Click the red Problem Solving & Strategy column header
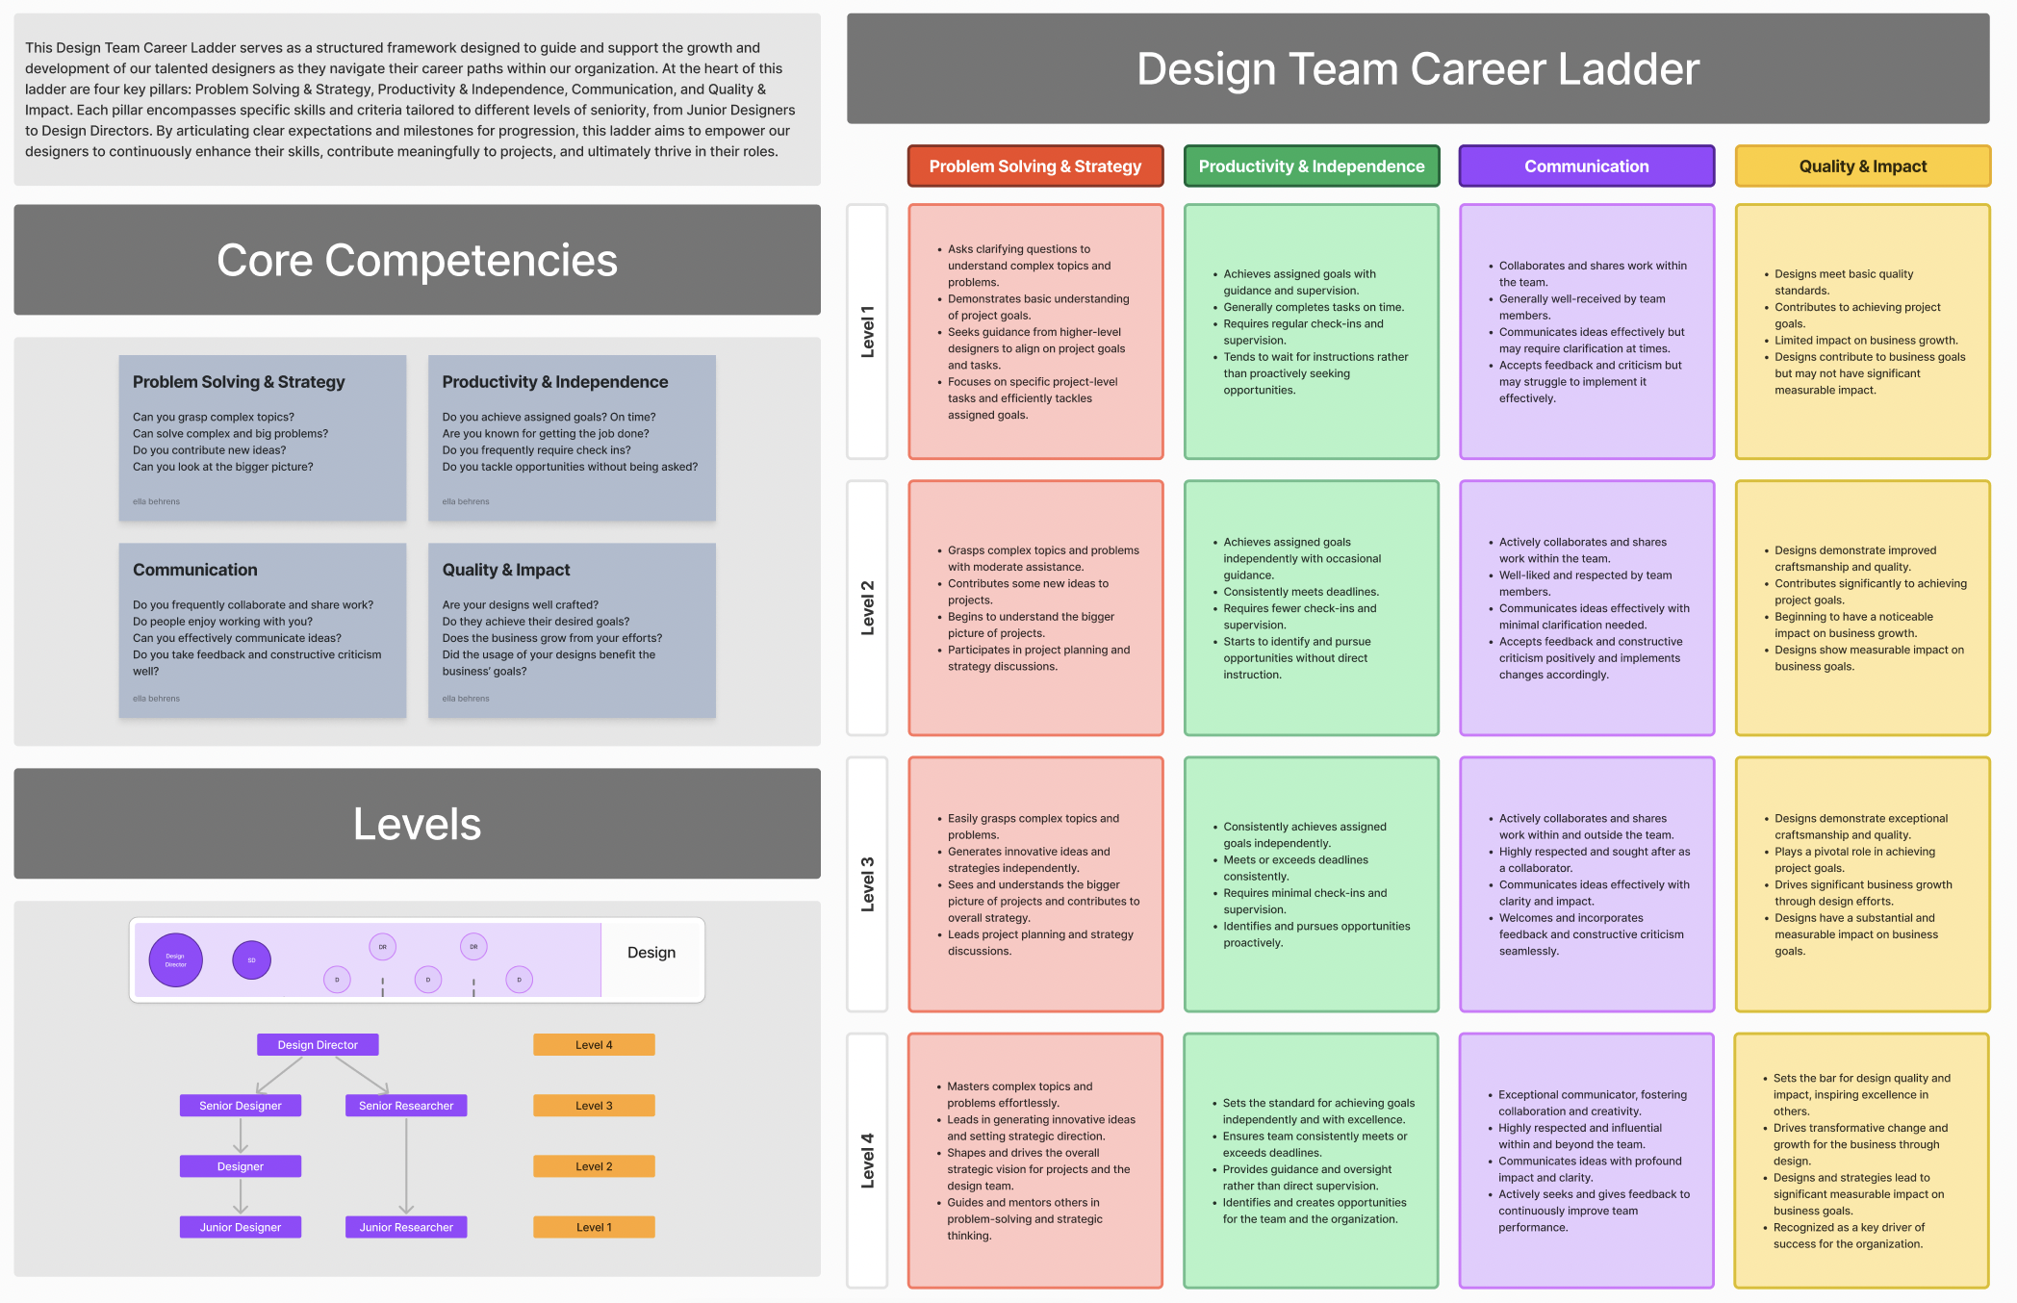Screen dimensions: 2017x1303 [x=1034, y=166]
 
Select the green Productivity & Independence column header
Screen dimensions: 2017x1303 [x=1311, y=166]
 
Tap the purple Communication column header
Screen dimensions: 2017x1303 [x=1586, y=166]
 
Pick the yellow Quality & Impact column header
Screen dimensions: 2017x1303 [x=1862, y=166]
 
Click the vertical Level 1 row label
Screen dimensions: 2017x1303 [x=867, y=331]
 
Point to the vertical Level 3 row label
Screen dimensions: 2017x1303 [x=867, y=883]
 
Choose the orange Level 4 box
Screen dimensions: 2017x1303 [x=594, y=1045]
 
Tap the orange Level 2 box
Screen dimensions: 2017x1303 [x=594, y=1166]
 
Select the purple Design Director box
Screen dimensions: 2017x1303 [x=318, y=1045]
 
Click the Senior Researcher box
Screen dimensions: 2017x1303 [x=406, y=1106]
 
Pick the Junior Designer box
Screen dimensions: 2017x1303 [x=241, y=1227]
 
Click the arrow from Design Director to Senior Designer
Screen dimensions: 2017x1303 [x=280, y=1075]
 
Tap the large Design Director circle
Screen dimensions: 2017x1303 [x=176, y=960]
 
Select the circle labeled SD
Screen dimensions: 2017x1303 [x=252, y=960]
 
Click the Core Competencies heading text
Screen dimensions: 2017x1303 [x=417, y=261]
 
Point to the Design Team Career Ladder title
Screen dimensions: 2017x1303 [x=1417, y=69]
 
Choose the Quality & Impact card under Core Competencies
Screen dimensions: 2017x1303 [x=572, y=630]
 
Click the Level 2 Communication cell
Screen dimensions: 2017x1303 [x=1586, y=608]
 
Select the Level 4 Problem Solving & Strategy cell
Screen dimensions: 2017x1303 [x=1034, y=1161]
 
